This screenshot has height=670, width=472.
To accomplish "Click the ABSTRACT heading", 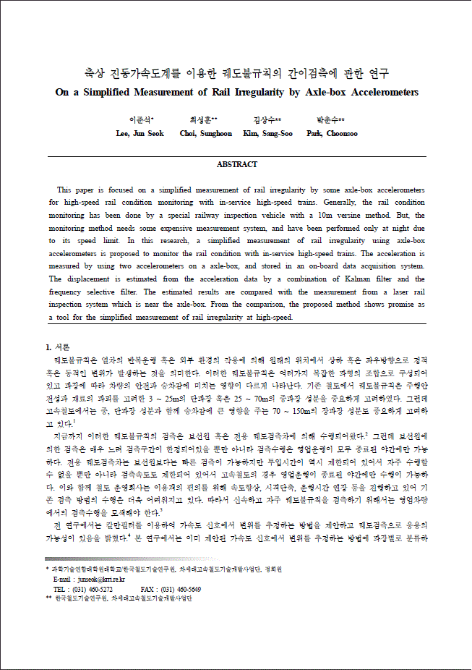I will click(x=237, y=164).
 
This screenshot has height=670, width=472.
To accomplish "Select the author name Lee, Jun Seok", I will click(x=140, y=134).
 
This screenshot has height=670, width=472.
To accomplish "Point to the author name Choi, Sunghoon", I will click(x=206, y=134).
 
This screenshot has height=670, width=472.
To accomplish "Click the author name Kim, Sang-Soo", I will click(x=267, y=134).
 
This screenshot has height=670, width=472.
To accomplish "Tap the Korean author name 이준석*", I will click(x=141, y=119).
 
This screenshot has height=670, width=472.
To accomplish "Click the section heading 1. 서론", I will click(x=59, y=347).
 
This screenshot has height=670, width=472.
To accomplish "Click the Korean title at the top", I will click(x=236, y=73).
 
